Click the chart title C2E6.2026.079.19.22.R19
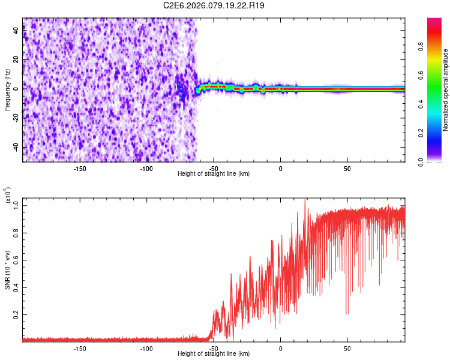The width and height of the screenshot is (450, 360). (214, 5)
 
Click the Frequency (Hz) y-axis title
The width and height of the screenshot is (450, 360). (8, 89)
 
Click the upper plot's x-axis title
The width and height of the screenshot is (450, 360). (214, 173)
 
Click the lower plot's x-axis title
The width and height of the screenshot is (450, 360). (214, 353)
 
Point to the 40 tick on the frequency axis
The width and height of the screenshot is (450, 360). (16, 31)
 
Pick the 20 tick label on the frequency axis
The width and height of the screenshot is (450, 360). (16, 60)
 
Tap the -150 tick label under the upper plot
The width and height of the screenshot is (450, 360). (80, 168)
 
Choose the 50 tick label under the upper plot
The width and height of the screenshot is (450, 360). (347, 168)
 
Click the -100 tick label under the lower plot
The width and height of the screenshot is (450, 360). (146, 348)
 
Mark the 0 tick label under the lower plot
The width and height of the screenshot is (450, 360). (280, 348)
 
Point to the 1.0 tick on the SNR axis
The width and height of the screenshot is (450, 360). (16, 205)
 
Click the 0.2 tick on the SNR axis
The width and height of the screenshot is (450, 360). (16, 314)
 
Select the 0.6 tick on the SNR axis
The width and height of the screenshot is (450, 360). (16, 260)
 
